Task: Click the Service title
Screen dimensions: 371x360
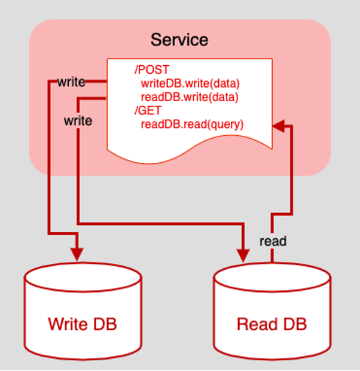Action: click(x=179, y=40)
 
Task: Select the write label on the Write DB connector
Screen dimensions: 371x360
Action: click(x=71, y=81)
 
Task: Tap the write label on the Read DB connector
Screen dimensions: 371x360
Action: click(x=78, y=120)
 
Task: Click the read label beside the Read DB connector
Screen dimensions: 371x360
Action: click(x=273, y=241)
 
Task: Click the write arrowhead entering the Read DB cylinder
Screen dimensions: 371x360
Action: click(x=244, y=254)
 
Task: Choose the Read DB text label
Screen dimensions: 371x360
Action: click(x=271, y=324)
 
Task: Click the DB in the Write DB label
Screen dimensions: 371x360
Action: click(x=105, y=324)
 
